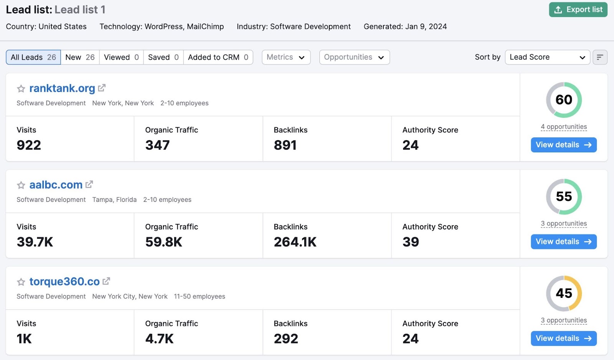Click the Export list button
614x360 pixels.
[578, 10]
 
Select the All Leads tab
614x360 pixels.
[33, 57]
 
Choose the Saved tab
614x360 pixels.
[163, 57]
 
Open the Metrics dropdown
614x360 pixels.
[286, 57]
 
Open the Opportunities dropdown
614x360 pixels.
[354, 57]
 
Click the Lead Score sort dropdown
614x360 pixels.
[547, 57]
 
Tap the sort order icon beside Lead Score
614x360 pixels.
[600, 57]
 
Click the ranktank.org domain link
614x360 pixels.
[62, 88]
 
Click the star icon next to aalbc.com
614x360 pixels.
[21, 185]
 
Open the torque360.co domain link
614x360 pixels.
[64, 282]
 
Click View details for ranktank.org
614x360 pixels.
[563, 145]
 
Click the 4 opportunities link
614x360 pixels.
[563, 127]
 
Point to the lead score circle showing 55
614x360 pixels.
[564, 197]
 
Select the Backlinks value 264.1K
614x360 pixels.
[295, 242]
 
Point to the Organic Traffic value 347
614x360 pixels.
[157, 145]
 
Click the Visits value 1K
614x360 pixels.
[24, 339]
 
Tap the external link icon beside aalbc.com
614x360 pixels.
[89, 185]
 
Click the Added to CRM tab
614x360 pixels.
[218, 57]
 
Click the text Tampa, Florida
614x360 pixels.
[114, 200]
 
